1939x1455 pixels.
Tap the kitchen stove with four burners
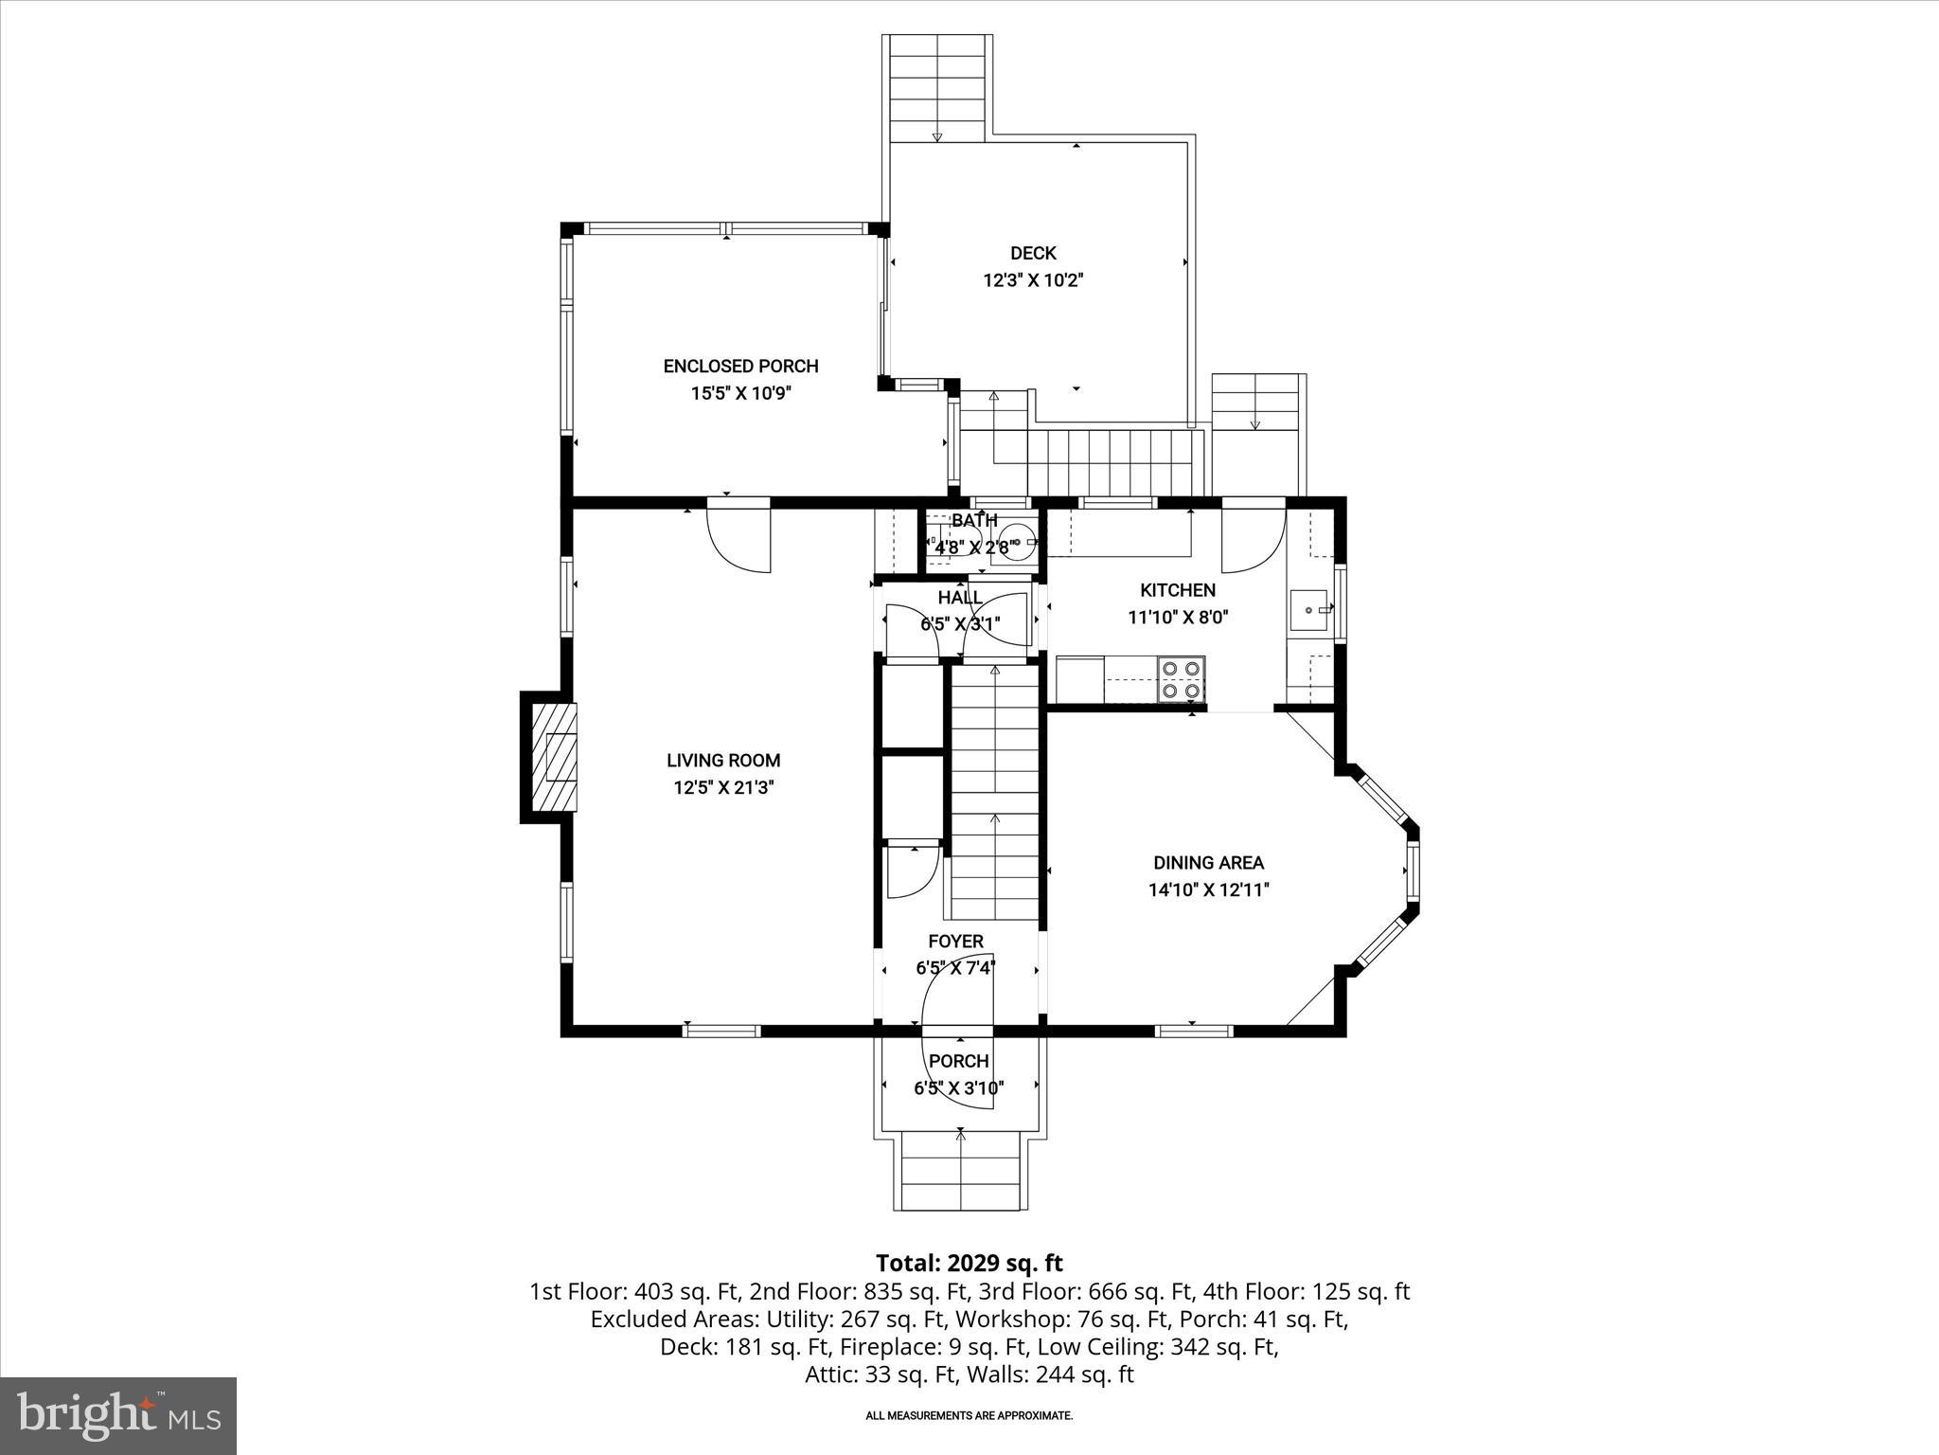click(1182, 679)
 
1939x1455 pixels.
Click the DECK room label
click(1033, 253)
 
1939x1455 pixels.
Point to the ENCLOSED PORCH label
click(740, 366)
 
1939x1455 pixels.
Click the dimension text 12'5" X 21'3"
click(723, 787)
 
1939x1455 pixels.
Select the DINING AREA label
click(1208, 862)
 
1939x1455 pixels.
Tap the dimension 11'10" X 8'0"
click(1178, 618)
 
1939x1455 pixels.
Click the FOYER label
click(955, 941)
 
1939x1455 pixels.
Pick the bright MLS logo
click(118, 1415)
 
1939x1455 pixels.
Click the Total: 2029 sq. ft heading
click(969, 1263)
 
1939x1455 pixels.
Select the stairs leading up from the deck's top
click(937, 90)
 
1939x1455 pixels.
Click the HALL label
click(959, 598)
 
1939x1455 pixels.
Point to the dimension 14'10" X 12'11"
click(1208, 889)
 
